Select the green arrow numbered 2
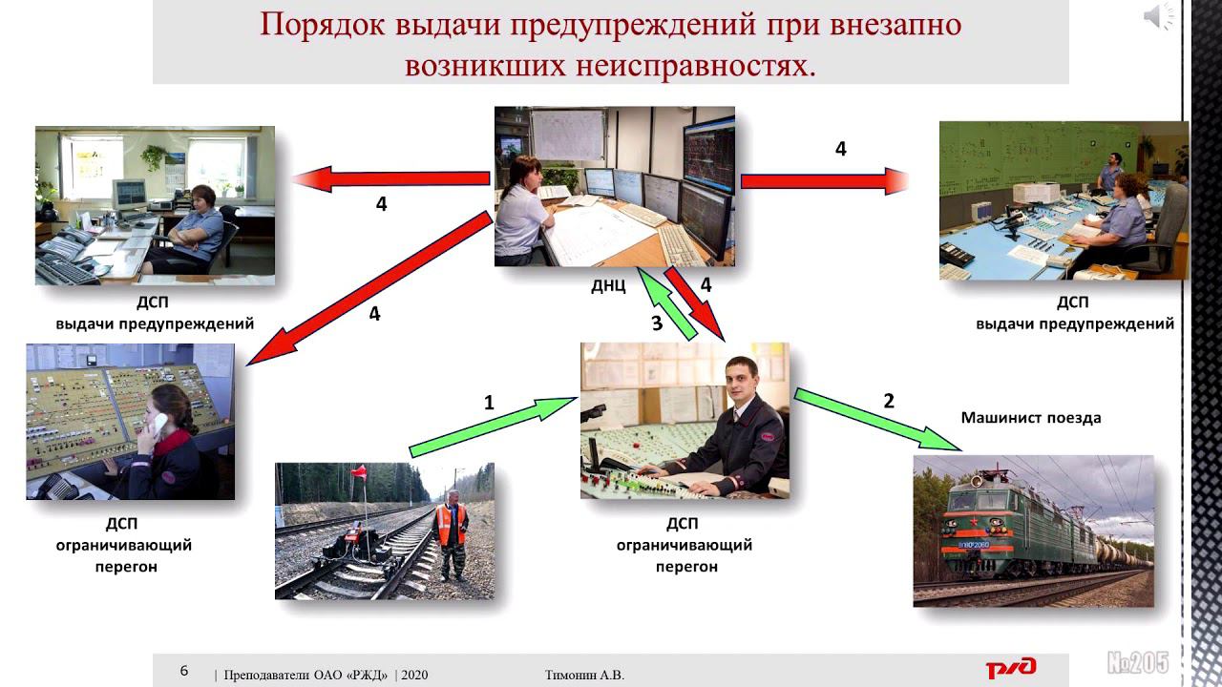click(878, 420)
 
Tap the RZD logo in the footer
click(1011, 667)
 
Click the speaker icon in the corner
click(1159, 16)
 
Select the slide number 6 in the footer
click(185, 670)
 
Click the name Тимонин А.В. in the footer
click(583, 676)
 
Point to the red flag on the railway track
click(360, 471)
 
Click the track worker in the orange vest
click(451, 531)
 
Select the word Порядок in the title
click(320, 25)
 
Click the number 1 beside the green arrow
click(489, 403)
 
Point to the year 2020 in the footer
click(414, 676)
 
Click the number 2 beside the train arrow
click(889, 401)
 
